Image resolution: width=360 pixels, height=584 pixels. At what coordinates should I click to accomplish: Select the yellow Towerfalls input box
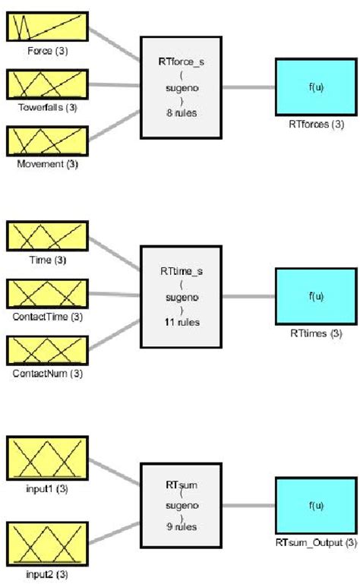(x=47, y=84)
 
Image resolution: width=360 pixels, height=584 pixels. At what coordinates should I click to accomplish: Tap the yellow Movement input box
(x=47, y=141)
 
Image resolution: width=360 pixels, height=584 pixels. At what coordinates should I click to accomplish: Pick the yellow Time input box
(x=47, y=236)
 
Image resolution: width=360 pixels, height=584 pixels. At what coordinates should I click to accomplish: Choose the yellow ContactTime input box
(x=47, y=294)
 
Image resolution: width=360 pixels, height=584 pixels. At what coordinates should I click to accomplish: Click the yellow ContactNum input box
(x=47, y=350)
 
